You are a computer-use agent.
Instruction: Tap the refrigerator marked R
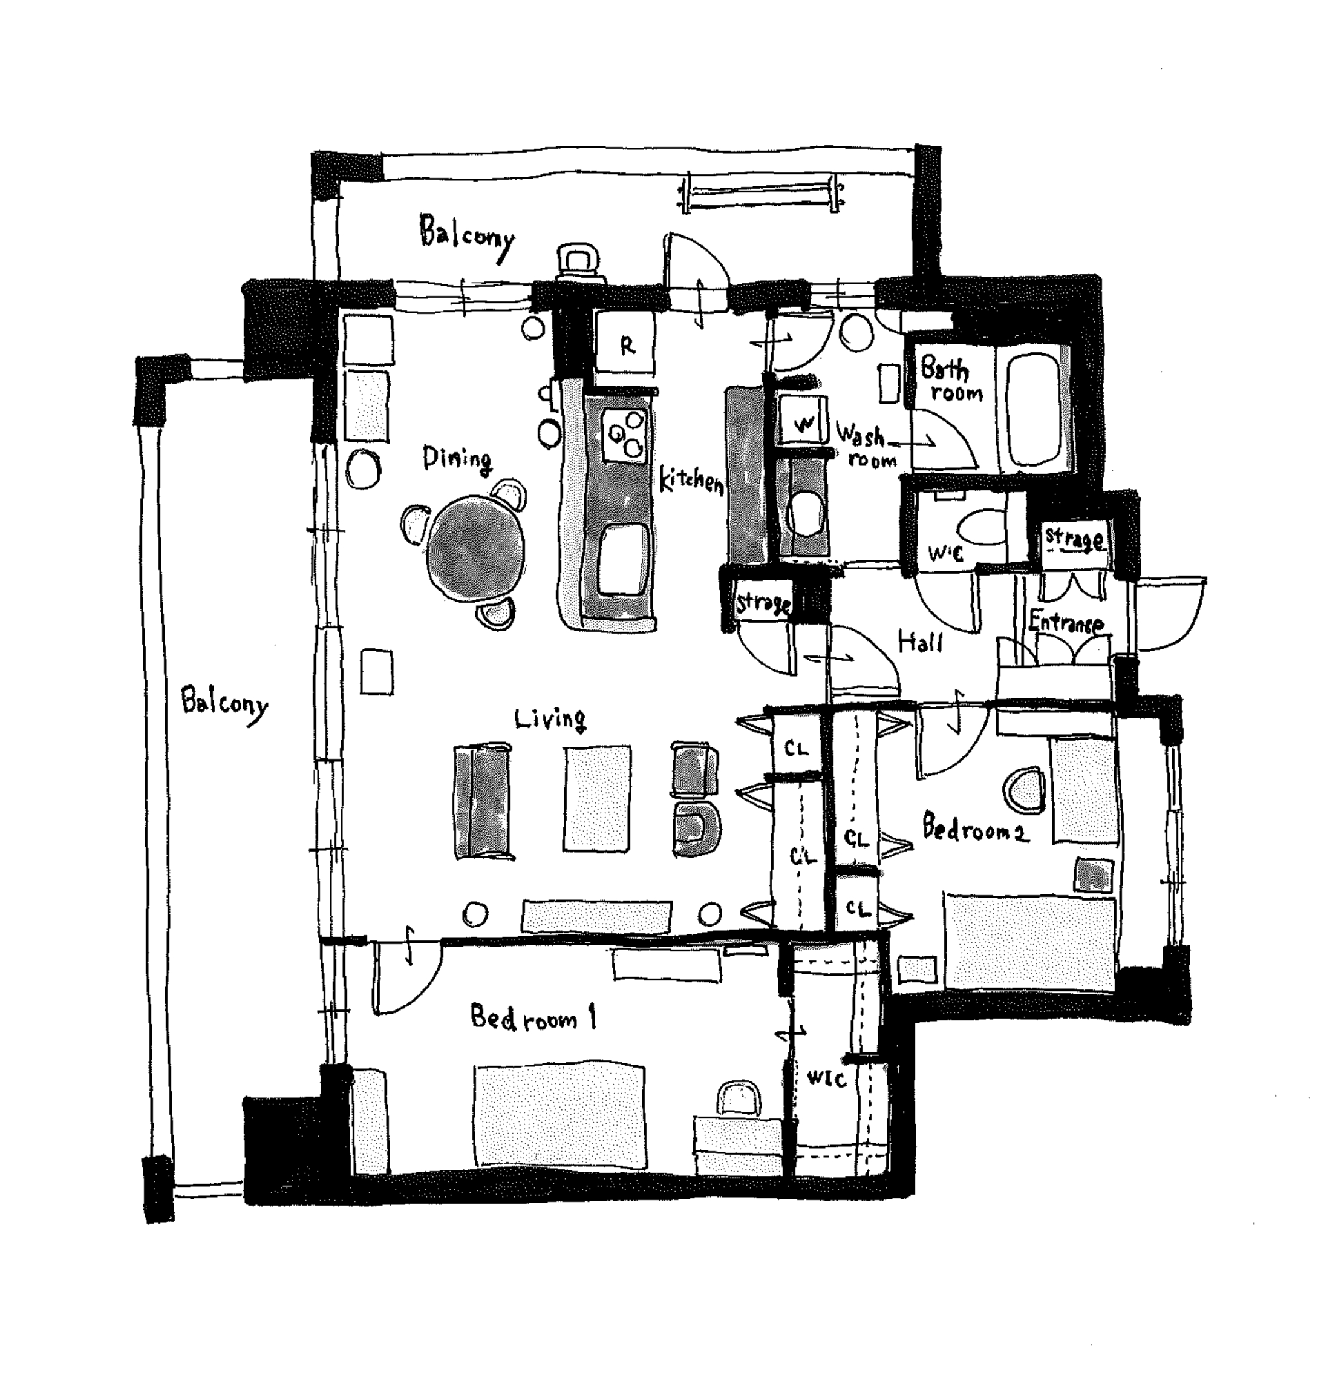point(625,344)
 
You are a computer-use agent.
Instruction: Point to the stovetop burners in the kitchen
point(624,435)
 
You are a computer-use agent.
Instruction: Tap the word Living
point(550,718)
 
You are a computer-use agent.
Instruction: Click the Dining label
point(457,459)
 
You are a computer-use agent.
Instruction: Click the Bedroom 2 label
point(974,829)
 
